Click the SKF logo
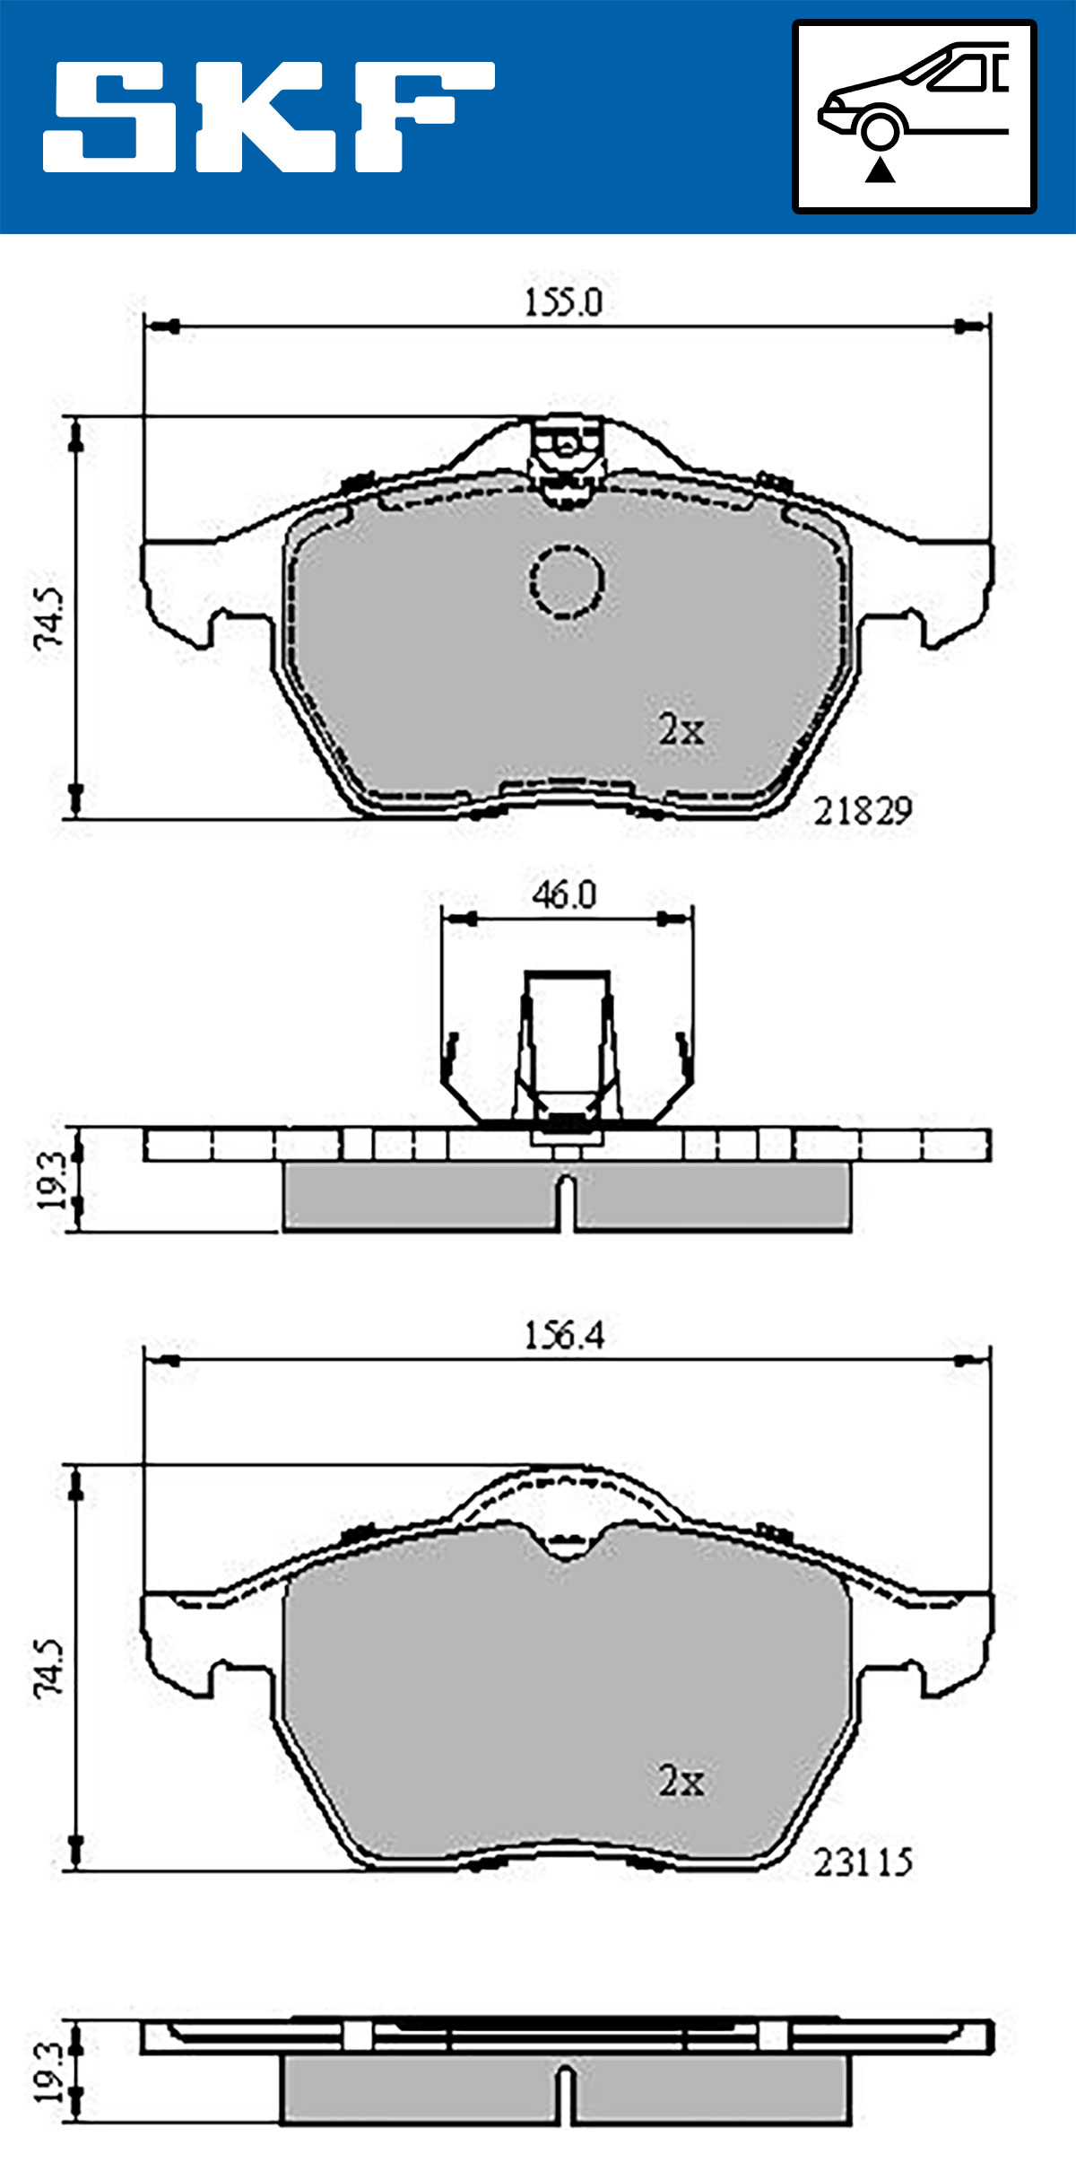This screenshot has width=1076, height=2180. (269, 117)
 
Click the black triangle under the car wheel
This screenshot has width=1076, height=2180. (881, 170)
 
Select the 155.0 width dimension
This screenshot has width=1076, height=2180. (563, 302)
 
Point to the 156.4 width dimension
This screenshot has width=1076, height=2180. (564, 1336)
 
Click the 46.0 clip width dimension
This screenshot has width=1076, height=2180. (564, 894)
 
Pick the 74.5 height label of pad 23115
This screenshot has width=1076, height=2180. (49, 1668)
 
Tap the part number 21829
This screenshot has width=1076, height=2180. (863, 812)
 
